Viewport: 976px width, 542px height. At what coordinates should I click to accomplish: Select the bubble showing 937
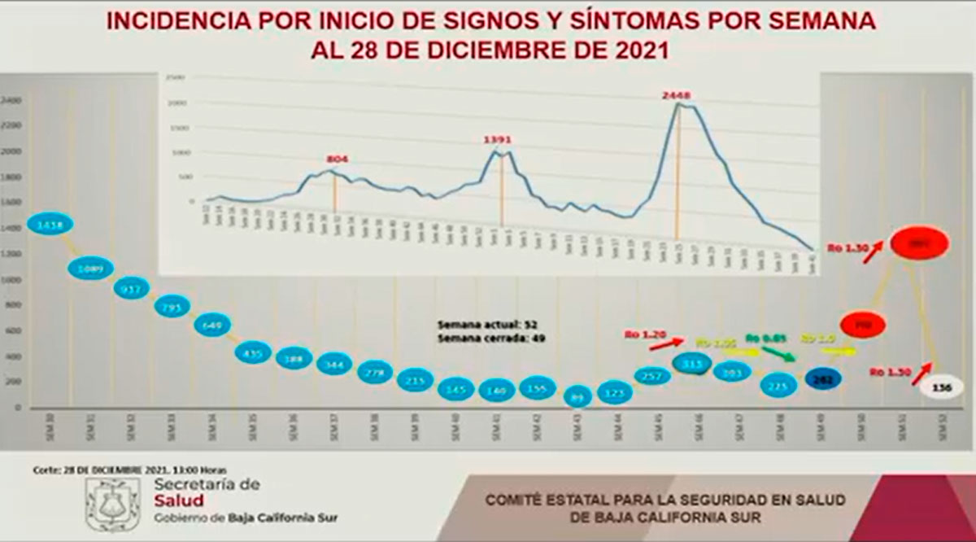[131, 289]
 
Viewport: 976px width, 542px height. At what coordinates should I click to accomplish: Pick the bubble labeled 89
[578, 397]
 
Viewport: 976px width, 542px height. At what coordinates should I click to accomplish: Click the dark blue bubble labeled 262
[822, 379]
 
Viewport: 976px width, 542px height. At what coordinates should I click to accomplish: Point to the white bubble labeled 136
[943, 388]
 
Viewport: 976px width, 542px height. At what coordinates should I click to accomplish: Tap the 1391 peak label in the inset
[499, 140]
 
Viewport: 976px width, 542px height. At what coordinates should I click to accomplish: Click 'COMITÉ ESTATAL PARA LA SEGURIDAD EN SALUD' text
[665, 500]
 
